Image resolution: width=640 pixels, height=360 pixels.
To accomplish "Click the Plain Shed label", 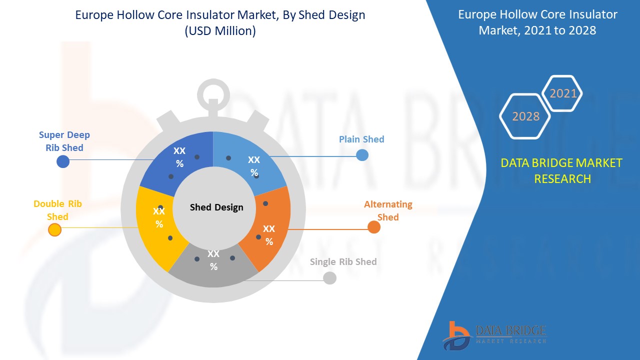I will tap(361, 139).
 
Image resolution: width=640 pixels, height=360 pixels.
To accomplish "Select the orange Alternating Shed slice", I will tap(265, 230).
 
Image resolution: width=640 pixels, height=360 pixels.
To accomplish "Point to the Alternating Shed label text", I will tap(388, 210).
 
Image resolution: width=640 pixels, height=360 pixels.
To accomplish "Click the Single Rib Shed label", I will tap(343, 261).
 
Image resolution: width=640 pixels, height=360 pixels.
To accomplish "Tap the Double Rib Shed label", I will tap(57, 210).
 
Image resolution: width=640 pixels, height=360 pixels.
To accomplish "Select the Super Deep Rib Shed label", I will tap(64, 141).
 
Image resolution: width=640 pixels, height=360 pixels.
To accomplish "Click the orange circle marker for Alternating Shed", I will tap(374, 227).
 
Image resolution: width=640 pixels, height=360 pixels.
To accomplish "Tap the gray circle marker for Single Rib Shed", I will tap(329, 278).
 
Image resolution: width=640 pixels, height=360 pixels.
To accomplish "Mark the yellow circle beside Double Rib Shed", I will tap(54, 230).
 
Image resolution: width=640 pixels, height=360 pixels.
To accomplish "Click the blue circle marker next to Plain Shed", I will tap(362, 155).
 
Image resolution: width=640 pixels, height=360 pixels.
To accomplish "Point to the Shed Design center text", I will tap(216, 207).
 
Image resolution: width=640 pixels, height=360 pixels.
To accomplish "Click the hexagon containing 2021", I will tap(563, 93).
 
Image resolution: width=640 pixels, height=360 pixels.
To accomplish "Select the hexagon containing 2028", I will tap(525, 116).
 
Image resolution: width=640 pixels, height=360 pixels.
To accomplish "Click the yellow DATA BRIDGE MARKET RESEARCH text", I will tap(562, 170).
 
